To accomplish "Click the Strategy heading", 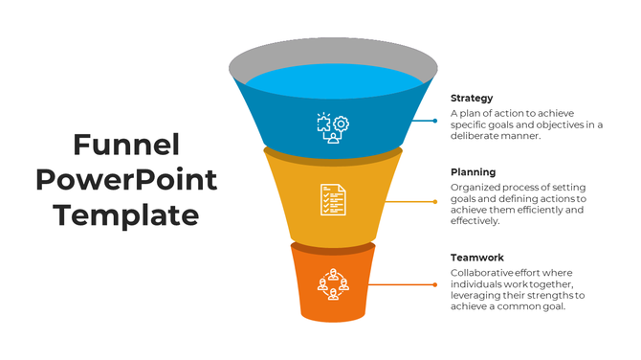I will coord(472,98).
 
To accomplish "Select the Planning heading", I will coord(473,172).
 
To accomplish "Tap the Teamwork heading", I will coord(476,258).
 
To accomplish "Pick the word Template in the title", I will coord(126,214).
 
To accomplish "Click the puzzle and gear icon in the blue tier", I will coord(333,125).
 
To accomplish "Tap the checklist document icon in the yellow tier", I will coord(333,199).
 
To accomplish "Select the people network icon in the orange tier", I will coord(333,282).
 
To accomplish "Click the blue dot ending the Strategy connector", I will coord(435,121).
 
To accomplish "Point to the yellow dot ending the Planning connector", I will coord(436,202).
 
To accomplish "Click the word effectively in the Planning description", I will coord(475,221).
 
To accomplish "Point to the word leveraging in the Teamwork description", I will coord(475,296).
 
